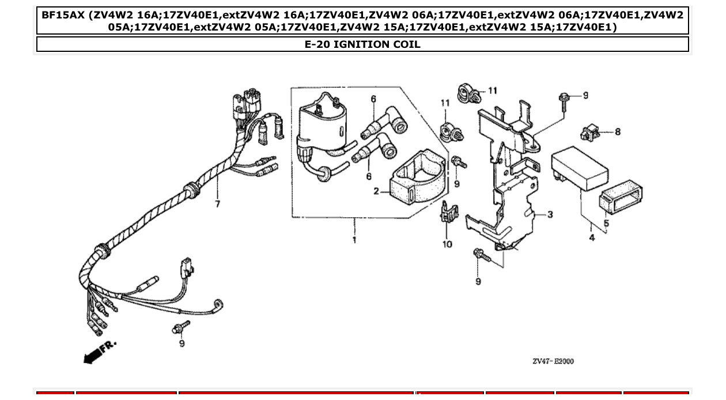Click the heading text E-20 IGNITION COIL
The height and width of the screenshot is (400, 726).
[362, 44]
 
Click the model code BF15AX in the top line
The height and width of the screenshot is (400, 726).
[62, 14]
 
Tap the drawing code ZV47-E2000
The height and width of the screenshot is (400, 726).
[553, 361]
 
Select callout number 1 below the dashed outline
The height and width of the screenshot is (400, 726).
[354, 240]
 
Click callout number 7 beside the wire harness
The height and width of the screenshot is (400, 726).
[217, 204]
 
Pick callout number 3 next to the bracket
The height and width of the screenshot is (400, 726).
[550, 214]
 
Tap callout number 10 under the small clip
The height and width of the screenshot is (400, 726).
[447, 244]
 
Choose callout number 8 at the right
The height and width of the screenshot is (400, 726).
[618, 132]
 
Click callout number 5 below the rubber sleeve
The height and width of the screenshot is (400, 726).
[606, 223]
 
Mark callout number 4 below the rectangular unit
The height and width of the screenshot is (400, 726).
[592, 237]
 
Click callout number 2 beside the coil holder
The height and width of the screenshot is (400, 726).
[376, 191]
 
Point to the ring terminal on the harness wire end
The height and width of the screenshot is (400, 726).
[218, 305]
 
